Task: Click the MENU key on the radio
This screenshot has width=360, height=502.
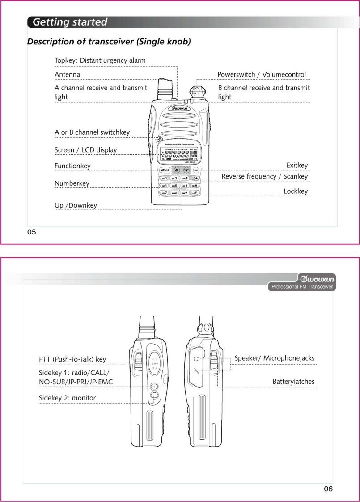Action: coord(164,170)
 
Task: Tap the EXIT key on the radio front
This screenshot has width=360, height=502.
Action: coord(196,170)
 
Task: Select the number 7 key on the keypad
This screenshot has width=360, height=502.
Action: coord(164,193)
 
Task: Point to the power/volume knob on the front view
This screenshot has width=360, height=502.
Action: coord(196,92)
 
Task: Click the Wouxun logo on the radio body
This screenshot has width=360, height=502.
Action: coord(179,108)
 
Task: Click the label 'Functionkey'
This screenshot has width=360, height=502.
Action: coord(72,166)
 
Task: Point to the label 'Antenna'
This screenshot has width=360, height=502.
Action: coord(67,74)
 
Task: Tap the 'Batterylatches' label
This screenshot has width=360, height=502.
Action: coord(293,382)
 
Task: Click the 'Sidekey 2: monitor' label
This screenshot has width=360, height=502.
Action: coord(67,398)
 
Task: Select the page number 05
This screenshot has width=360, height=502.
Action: coord(31,232)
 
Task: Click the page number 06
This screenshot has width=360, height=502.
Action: coord(328,489)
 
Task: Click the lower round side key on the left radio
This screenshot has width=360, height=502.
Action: coord(154,395)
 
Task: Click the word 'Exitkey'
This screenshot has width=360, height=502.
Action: coord(297,166)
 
